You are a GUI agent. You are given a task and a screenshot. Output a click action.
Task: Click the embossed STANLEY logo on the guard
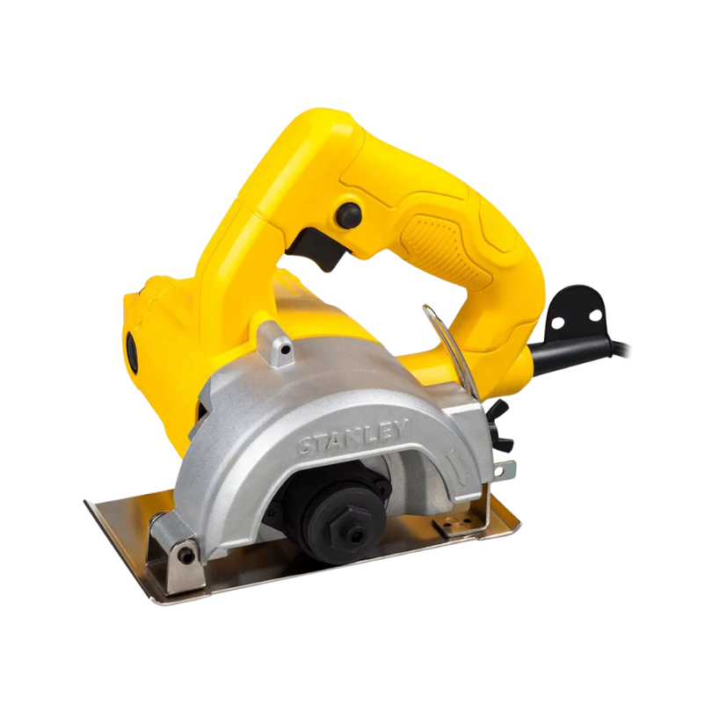[351, 439]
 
